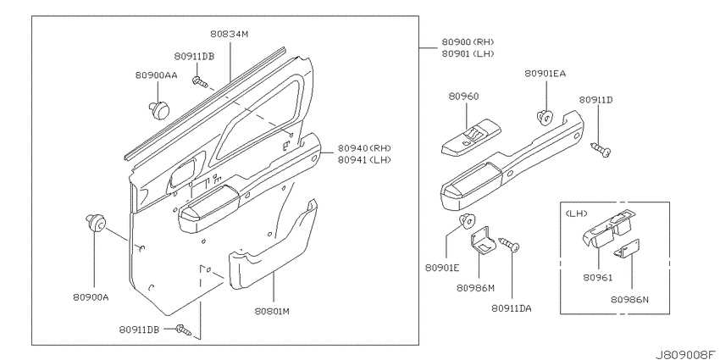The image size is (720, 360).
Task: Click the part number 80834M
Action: tap(230, 34)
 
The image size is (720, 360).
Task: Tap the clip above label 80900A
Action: tap(96, 223)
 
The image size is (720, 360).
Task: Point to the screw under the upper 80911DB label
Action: tap(200, 83)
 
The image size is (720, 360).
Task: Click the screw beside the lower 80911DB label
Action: tap(184, 330)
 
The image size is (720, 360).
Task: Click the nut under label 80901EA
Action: tap(545, 118)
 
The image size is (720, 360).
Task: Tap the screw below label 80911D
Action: tap(601, 149)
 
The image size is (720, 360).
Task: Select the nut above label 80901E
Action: tap(468, 222)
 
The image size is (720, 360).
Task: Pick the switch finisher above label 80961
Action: tap(606, 229)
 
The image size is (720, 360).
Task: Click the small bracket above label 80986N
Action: tap(627, 249)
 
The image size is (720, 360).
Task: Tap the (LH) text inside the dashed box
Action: tap(574, 213)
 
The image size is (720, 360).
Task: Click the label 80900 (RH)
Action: tap(468, 42)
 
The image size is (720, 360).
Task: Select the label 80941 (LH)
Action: tap(364, 159)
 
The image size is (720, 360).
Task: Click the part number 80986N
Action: tap(629, 299)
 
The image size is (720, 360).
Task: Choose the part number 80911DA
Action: tap(511, 308)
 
